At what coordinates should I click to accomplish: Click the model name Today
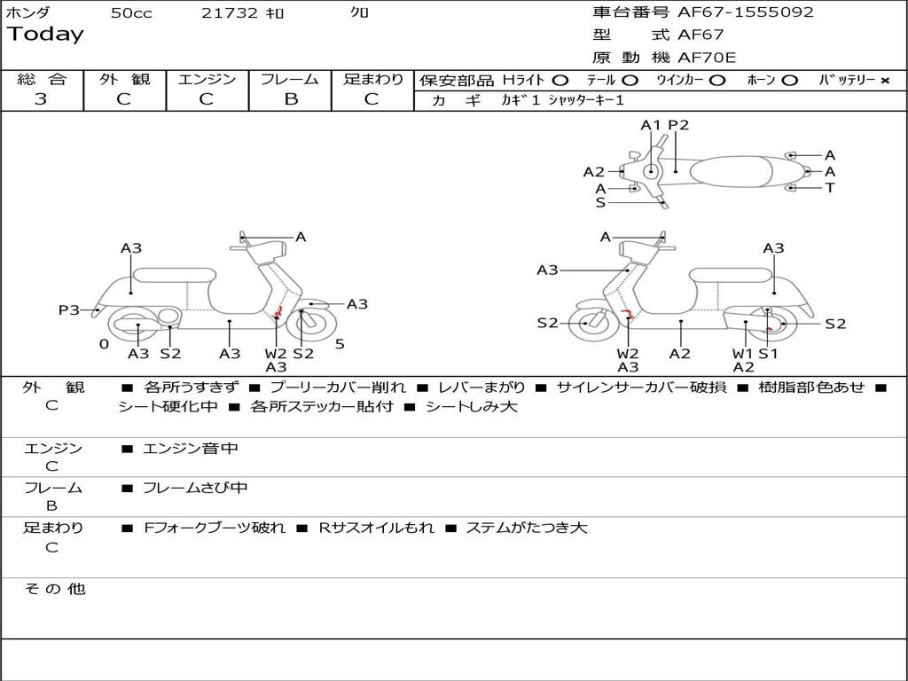44,35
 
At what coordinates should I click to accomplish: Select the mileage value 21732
229,13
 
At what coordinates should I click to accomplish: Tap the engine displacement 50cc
131,13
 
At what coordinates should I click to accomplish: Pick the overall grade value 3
41,99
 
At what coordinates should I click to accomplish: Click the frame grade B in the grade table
290,99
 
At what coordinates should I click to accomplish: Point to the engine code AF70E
707,59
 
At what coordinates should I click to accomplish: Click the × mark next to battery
884,81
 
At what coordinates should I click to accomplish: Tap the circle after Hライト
560,81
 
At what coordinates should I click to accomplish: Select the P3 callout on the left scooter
69,309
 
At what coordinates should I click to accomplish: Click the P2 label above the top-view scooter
678,125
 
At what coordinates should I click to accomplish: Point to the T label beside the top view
830,188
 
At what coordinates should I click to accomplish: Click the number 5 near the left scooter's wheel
340,344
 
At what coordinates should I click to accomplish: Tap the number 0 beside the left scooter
104,344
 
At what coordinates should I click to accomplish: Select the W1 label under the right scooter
742,354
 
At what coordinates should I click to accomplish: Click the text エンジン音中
191,449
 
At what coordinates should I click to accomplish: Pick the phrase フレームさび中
195,488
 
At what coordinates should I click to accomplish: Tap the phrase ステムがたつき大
527,528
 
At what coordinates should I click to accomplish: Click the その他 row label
54,589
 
